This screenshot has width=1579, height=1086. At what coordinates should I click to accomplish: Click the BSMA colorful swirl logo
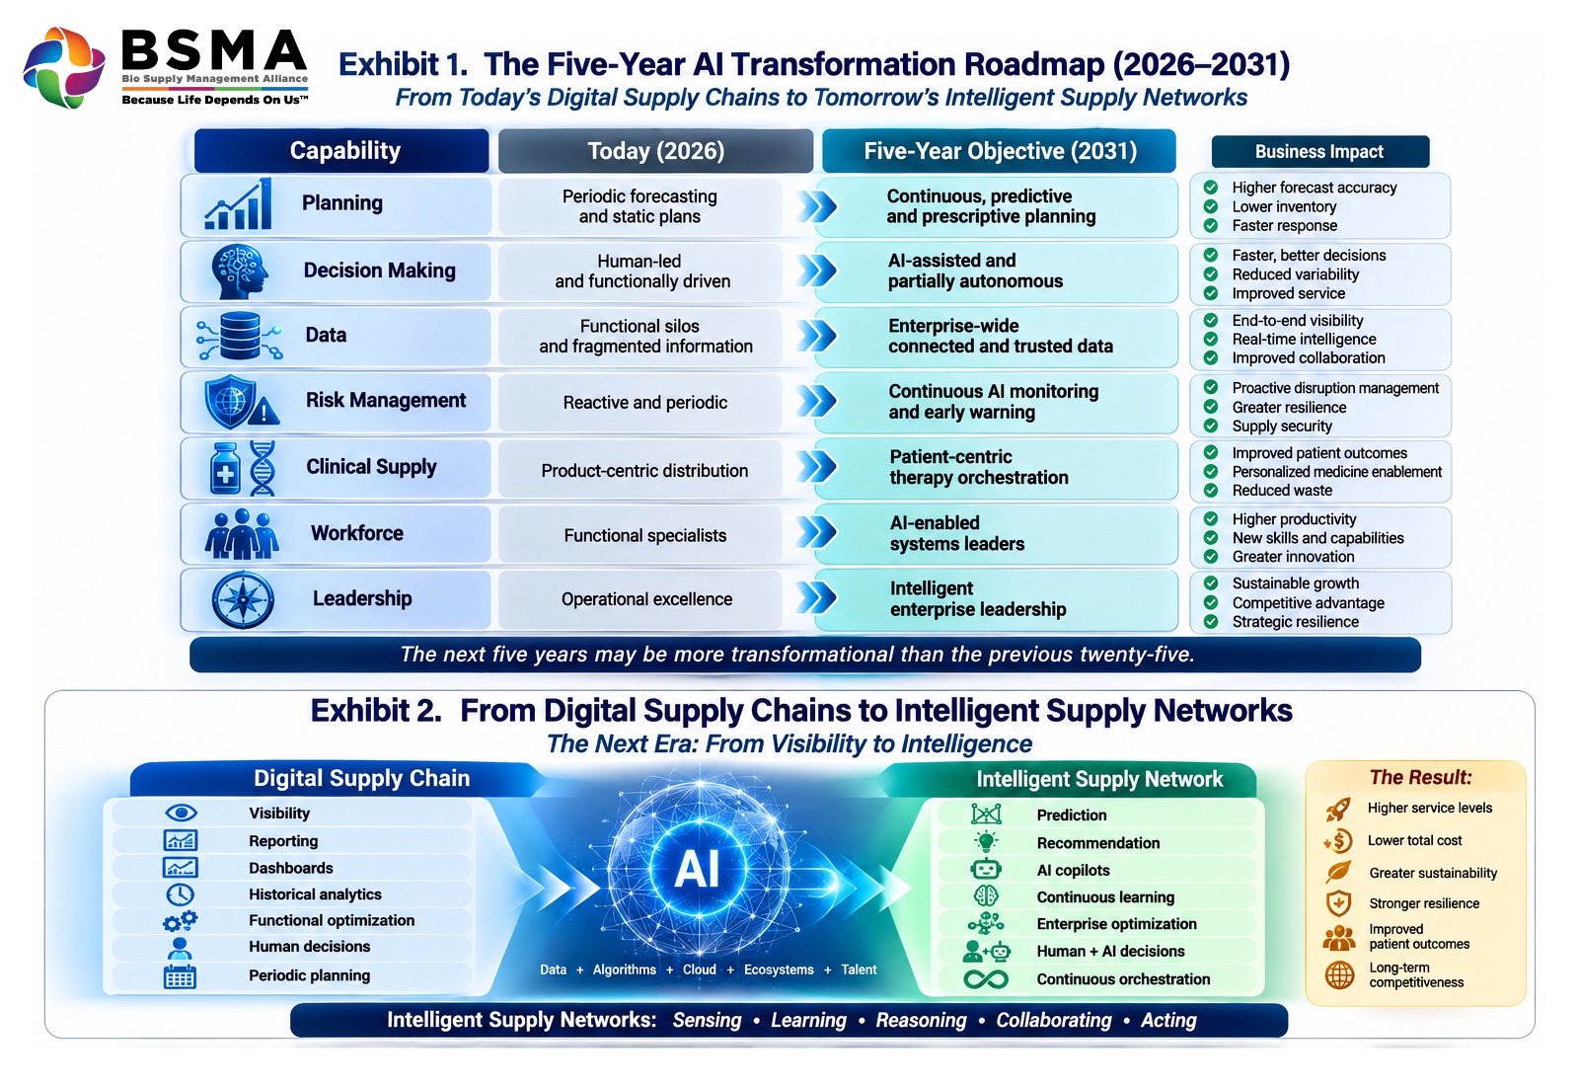point(64,67)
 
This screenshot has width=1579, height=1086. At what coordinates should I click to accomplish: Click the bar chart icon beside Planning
point(238,203)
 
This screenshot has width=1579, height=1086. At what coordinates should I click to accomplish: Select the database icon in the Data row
point(240,336)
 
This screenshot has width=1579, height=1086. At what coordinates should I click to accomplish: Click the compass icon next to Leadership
point(243,600)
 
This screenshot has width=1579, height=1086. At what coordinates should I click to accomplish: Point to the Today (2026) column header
point(655,151)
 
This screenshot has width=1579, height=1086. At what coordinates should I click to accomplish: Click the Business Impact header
point(1319,152)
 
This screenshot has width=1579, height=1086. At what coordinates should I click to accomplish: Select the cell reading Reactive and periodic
point(645,403)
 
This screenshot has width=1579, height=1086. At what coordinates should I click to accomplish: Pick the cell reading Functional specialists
point(645,535)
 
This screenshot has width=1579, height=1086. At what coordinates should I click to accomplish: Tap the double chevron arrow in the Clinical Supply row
point(816,467)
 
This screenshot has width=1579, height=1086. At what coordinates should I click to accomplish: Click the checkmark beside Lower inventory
point(1211,206)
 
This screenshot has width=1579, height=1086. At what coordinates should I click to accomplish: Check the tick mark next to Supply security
point(1211,426)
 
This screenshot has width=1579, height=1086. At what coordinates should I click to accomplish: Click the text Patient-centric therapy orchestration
point(978,467)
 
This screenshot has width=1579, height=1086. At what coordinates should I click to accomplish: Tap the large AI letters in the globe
point(697,869)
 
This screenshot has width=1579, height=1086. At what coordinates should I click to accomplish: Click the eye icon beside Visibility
point(182,814)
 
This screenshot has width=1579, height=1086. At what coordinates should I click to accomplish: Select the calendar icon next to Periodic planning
point(180,976)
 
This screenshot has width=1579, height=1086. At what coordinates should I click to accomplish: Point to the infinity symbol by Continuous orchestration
point(986,979)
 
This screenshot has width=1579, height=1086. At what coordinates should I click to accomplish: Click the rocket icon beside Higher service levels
point(1338,810)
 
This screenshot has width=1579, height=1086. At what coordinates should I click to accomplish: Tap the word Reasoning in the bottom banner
point(922,1021)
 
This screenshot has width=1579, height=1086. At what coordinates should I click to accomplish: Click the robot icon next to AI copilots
point(986,870)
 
